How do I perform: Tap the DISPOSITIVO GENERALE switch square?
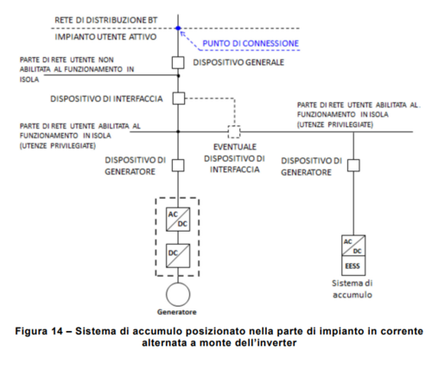[179, 62]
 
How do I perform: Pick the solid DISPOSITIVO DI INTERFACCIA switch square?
[179, 99]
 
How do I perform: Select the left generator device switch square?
[179, 165]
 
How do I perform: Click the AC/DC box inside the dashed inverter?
[177, 220]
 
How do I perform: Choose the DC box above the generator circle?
[177, 257]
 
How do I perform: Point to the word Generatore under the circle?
[177, 311]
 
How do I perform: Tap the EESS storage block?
[353, 252]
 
